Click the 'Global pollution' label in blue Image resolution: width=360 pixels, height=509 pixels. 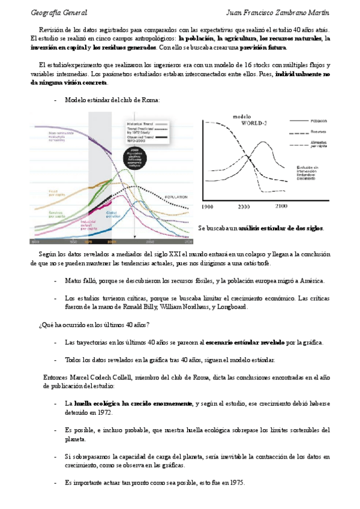point(115,214)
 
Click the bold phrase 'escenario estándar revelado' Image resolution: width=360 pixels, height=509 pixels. point(245,342)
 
